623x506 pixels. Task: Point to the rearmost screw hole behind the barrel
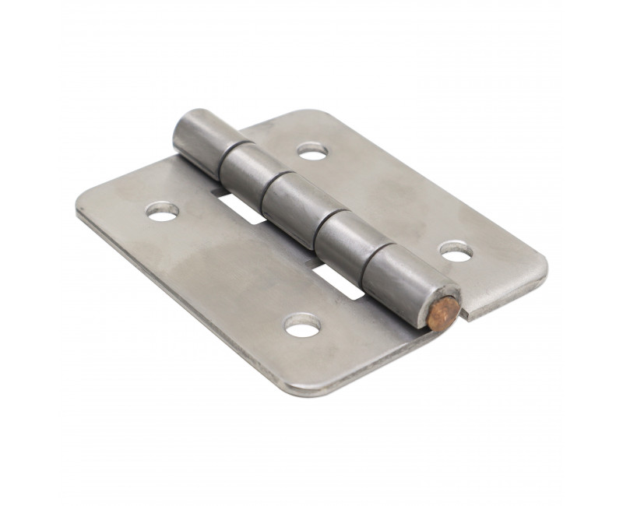tap(311, 149)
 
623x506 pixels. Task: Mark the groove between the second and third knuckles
tap(267, 183)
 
